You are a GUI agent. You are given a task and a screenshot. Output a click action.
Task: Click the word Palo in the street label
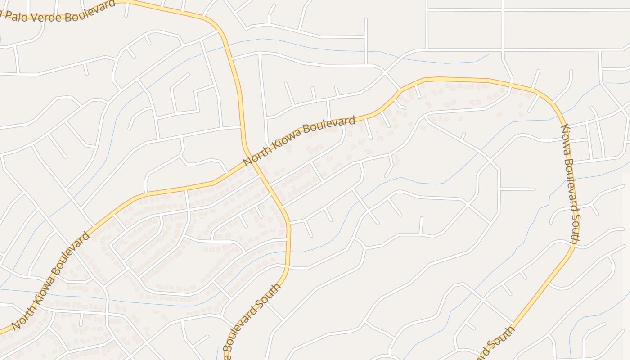click(14, 16)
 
